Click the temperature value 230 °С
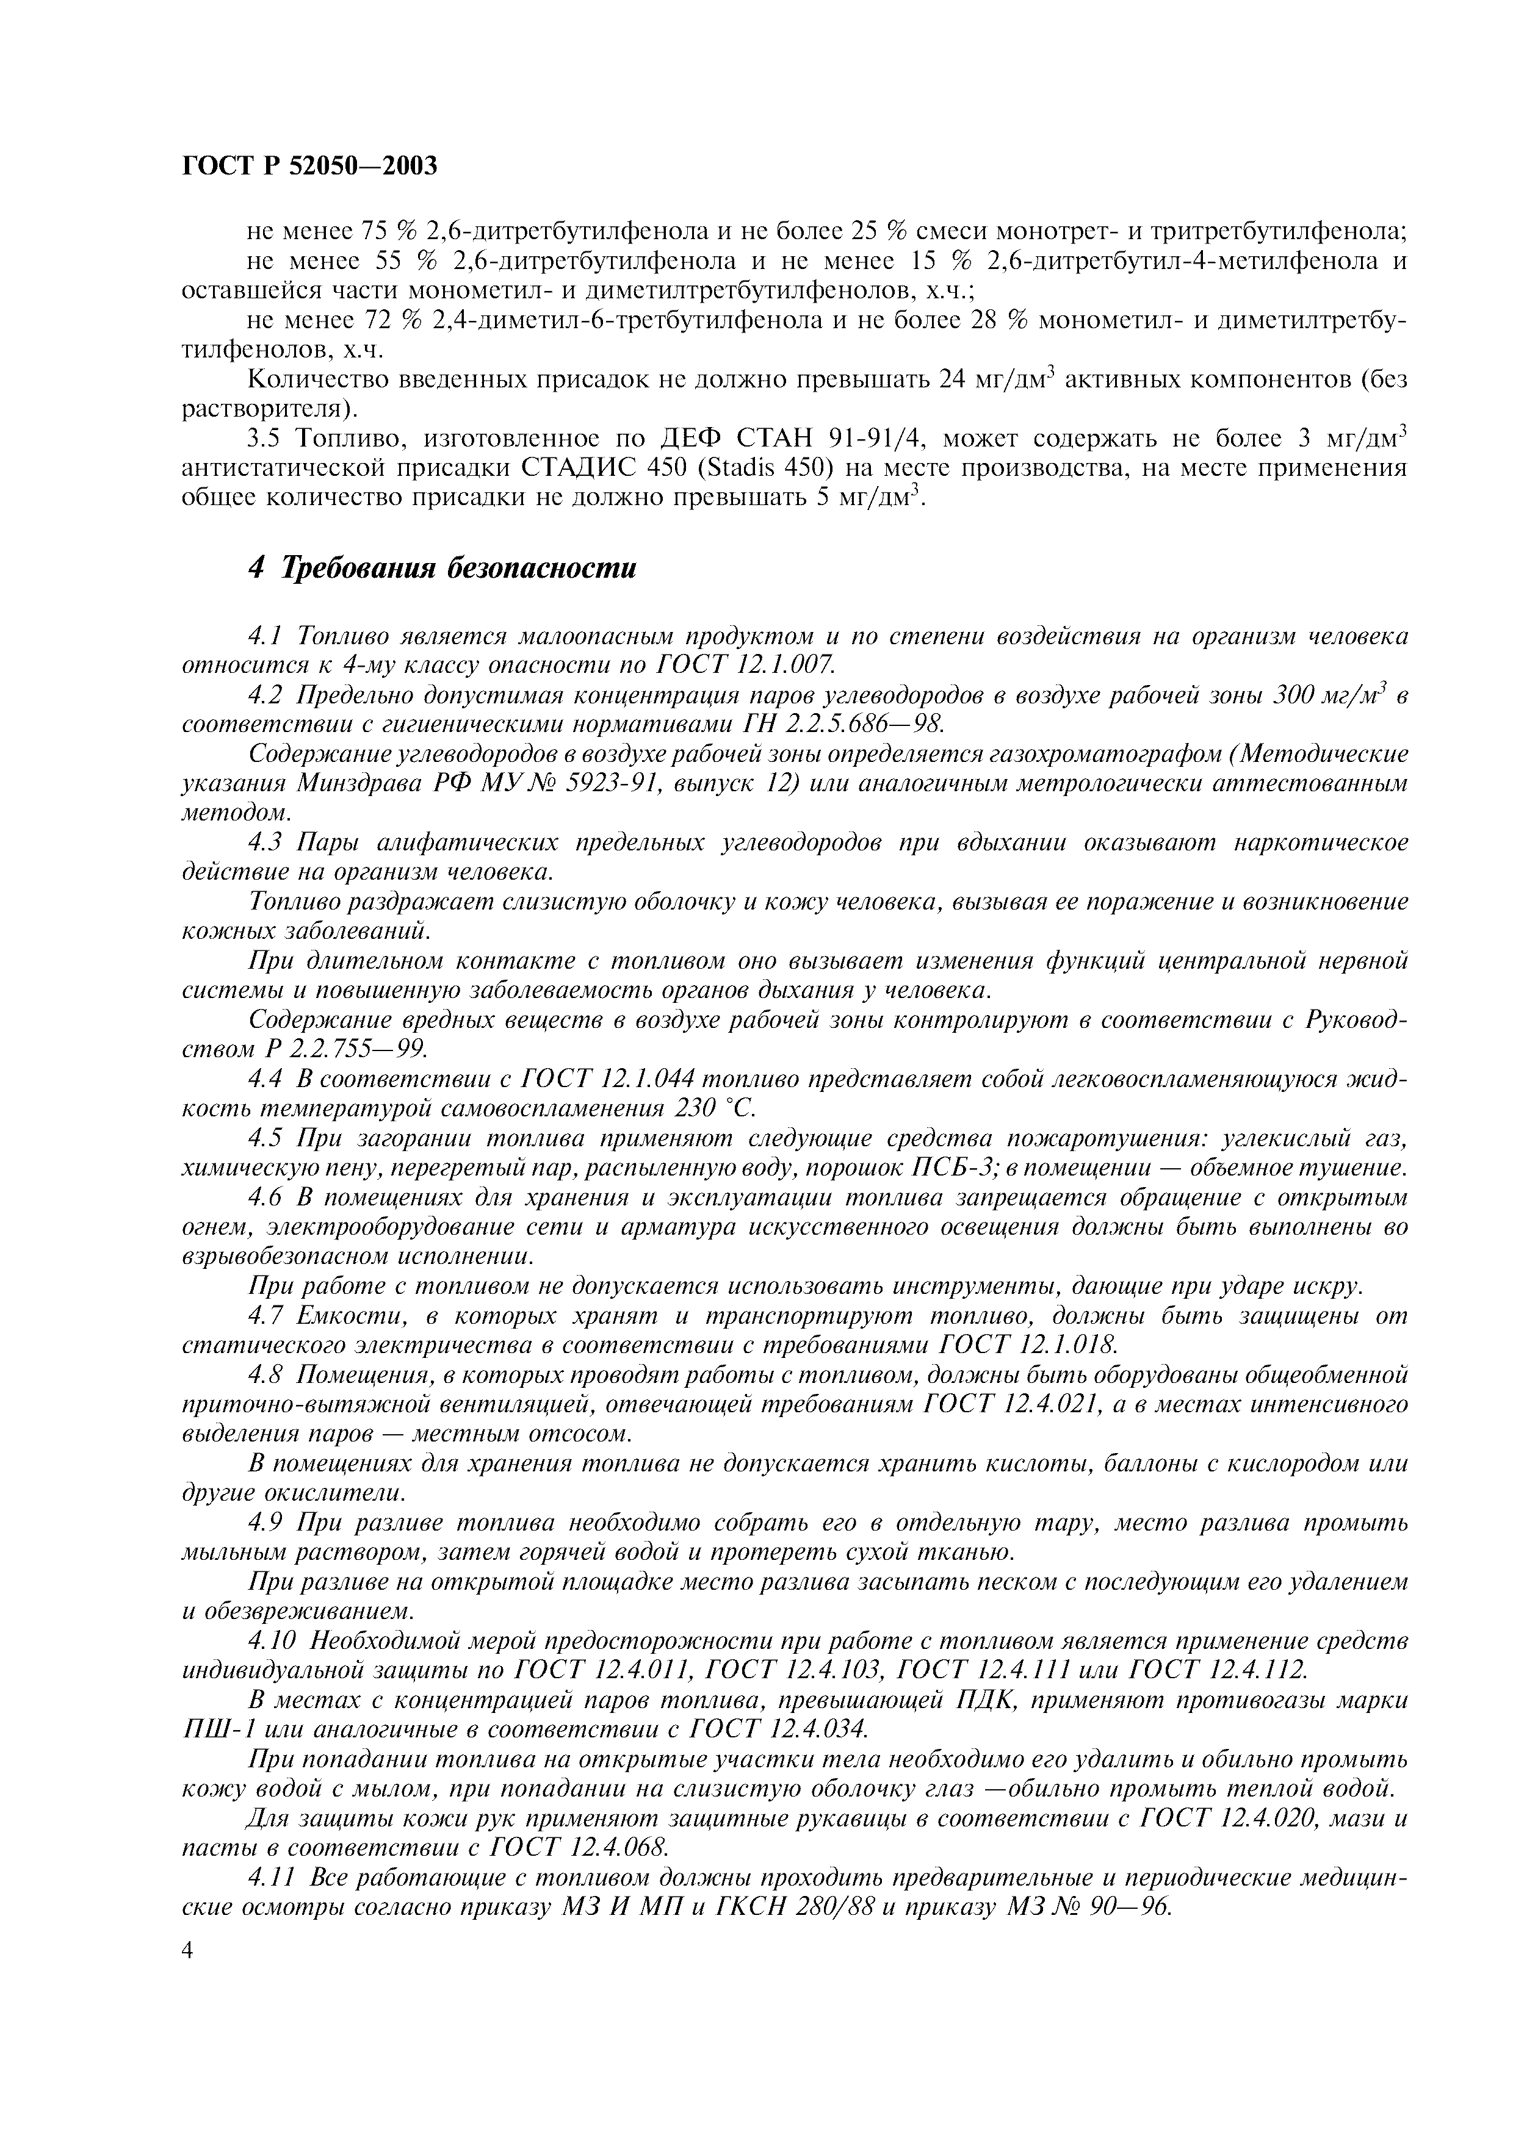point(710,1109)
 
